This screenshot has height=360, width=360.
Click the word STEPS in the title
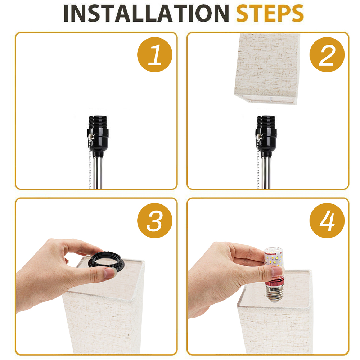click(270, 14)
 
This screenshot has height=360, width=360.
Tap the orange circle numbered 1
click(155, 55)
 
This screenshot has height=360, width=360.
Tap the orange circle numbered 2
click(327, 55)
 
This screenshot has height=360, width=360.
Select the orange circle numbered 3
click(155, 220)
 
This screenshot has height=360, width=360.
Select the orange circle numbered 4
click(327, 220)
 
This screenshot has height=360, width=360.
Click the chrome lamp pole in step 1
click(98, 173)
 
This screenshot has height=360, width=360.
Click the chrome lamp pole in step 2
click(267, 173)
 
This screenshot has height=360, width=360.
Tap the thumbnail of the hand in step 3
click(110, 273)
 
